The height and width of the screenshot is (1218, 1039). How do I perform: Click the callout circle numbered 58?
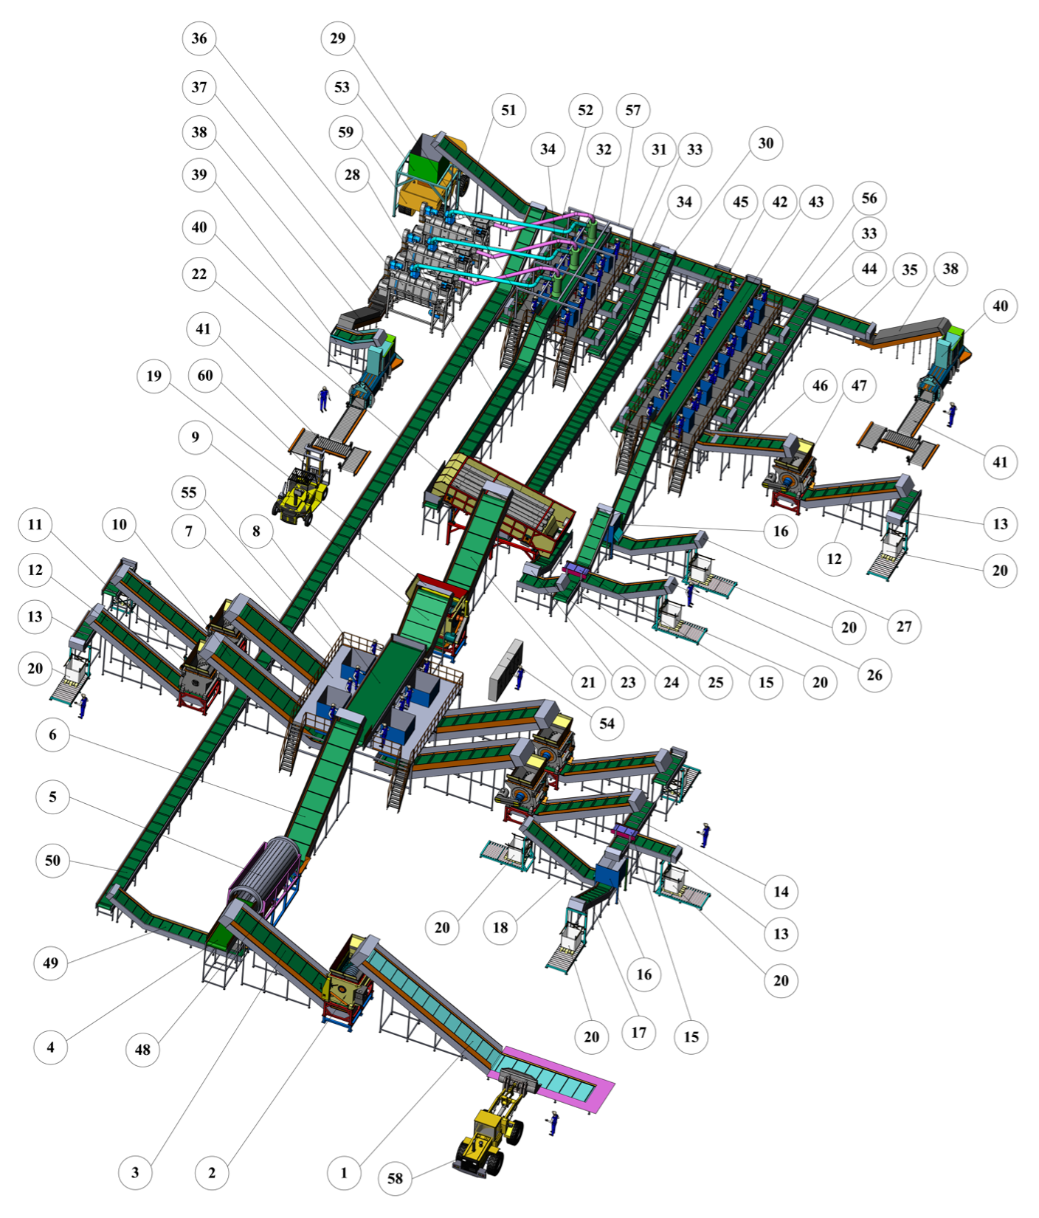click(x=396, y=1178)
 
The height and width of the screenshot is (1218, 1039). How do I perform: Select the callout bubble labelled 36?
click(x=199, y=38)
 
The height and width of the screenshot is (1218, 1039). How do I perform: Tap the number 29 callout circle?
click(x=338, y=38)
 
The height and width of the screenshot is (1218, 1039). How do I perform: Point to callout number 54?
click(x=607, y=723)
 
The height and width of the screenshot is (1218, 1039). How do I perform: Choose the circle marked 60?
click(x=205, y=376)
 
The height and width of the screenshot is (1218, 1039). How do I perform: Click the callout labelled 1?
click(x=344, y=1172)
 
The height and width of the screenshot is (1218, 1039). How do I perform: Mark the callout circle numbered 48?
click(x=142, y=1050)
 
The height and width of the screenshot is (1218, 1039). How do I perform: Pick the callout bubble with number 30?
click(x=766, y=143)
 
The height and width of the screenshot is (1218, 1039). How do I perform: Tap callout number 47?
click(x=859, y=385)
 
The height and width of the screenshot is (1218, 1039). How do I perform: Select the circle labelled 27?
click(x=904, y=627)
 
